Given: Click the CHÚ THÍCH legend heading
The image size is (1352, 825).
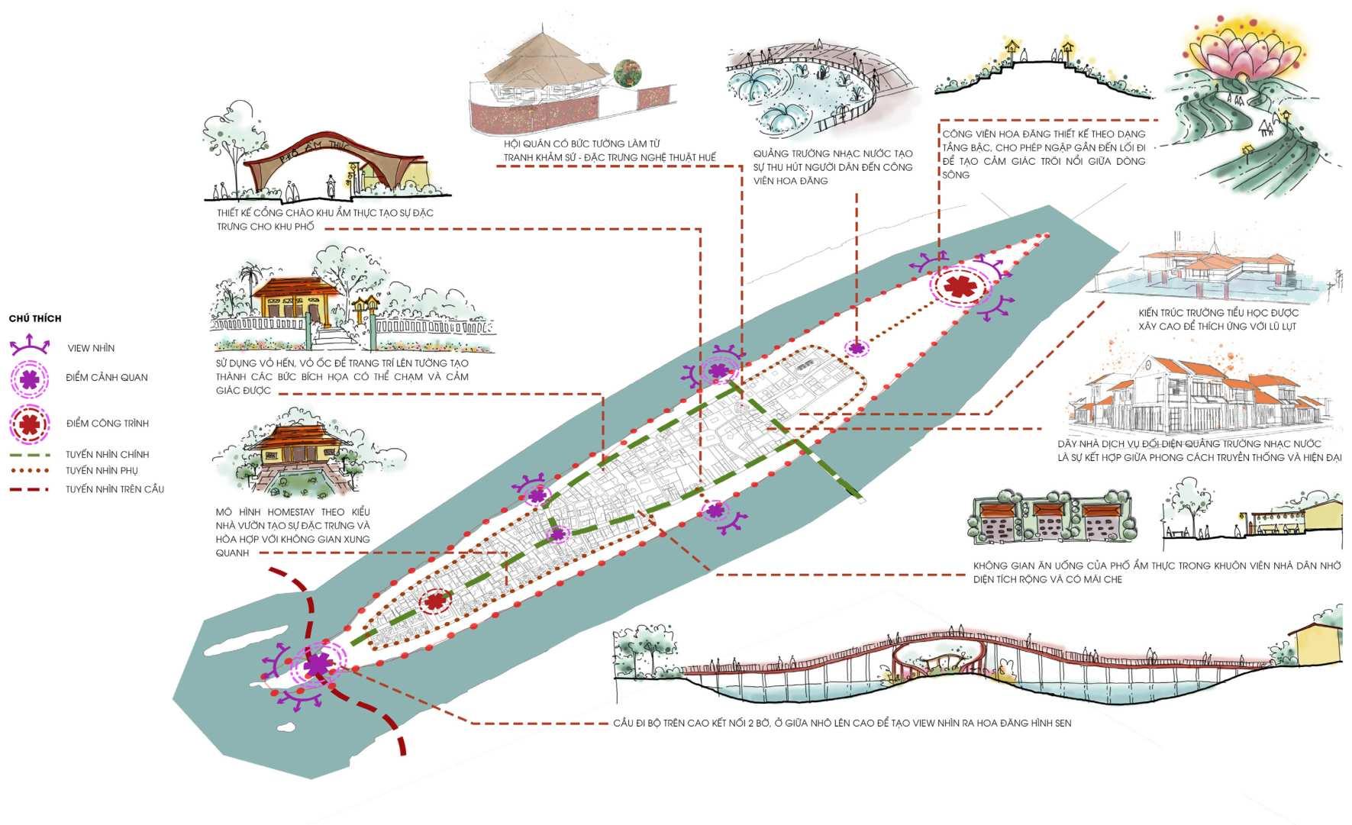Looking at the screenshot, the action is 35,318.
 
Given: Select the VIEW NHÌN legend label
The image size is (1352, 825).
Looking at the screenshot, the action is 91,348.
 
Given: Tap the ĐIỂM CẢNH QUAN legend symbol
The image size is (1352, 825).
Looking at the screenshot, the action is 30,378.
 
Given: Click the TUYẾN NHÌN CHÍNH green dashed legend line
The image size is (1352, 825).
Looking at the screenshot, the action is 30,455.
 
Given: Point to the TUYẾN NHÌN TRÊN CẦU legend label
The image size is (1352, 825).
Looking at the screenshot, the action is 115,489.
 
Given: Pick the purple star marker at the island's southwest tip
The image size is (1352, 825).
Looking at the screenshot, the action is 316,665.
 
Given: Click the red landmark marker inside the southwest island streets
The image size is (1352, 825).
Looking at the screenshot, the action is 435,601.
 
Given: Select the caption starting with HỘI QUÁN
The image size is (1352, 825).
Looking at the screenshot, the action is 609,150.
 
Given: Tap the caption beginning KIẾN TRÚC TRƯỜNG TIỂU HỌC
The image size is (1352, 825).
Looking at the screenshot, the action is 1217,319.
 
